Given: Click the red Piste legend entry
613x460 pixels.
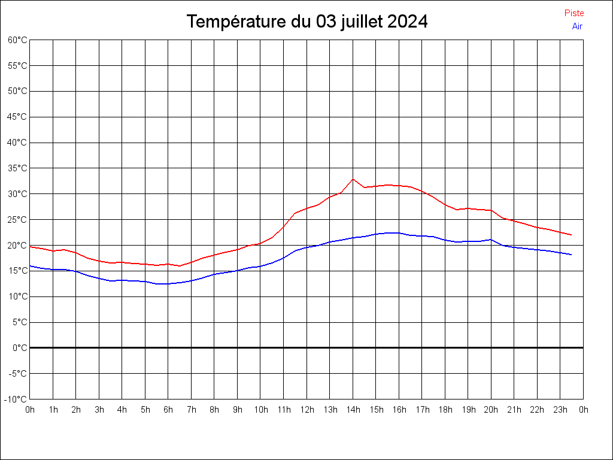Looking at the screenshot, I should pos(573,13).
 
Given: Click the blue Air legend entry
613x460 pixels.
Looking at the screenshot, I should pos(577,26).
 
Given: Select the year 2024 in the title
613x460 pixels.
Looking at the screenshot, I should pos(407,22).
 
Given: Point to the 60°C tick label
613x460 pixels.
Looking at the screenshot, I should pos(17,40).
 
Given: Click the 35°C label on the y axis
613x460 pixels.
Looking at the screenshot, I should pos(17,168).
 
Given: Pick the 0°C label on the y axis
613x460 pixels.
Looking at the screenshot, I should pos(20,347).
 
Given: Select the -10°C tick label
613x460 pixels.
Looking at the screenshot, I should pos(16,399).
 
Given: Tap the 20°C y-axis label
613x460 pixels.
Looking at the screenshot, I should pos(17,245).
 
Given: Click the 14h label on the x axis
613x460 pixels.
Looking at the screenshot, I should pos(353,410).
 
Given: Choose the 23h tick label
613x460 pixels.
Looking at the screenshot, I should pos(560,410).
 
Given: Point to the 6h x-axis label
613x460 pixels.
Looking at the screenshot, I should pos(168,410).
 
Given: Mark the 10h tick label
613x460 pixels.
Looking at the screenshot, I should pos(260,410).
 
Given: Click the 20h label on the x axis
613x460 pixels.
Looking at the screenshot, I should pos(491,410).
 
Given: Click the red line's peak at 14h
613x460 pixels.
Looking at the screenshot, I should pos(353,179).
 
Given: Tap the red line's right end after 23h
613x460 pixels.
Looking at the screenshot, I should pos(572,235).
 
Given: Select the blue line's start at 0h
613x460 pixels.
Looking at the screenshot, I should pos(30,266).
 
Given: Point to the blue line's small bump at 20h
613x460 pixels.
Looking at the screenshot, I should pos(491,240).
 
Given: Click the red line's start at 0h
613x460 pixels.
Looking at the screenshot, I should pos(30,247).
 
